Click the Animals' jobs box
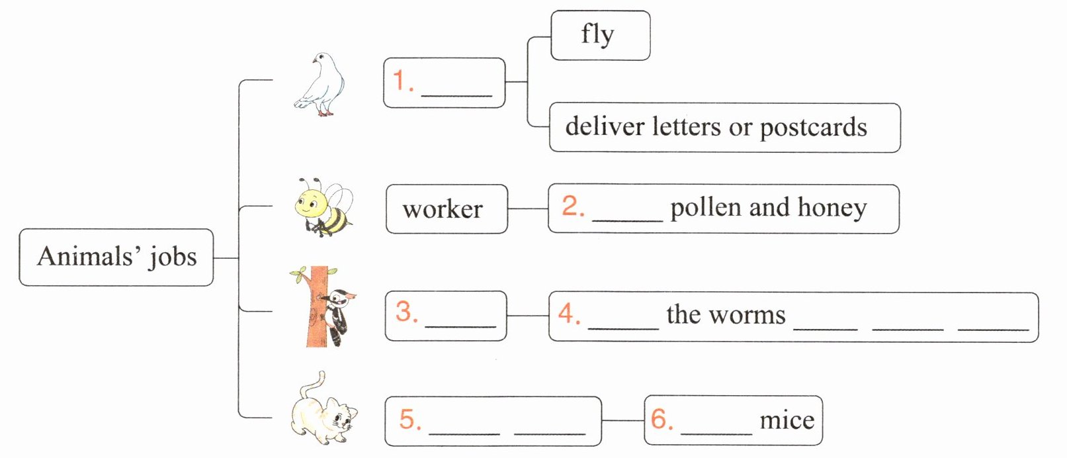116,257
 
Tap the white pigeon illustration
321,85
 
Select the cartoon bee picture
323,208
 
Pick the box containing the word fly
600,36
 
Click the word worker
443,210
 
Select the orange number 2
572,206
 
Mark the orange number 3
406,312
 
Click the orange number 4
569,314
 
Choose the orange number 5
409,420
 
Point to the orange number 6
661,419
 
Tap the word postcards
813,128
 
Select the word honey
832,208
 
